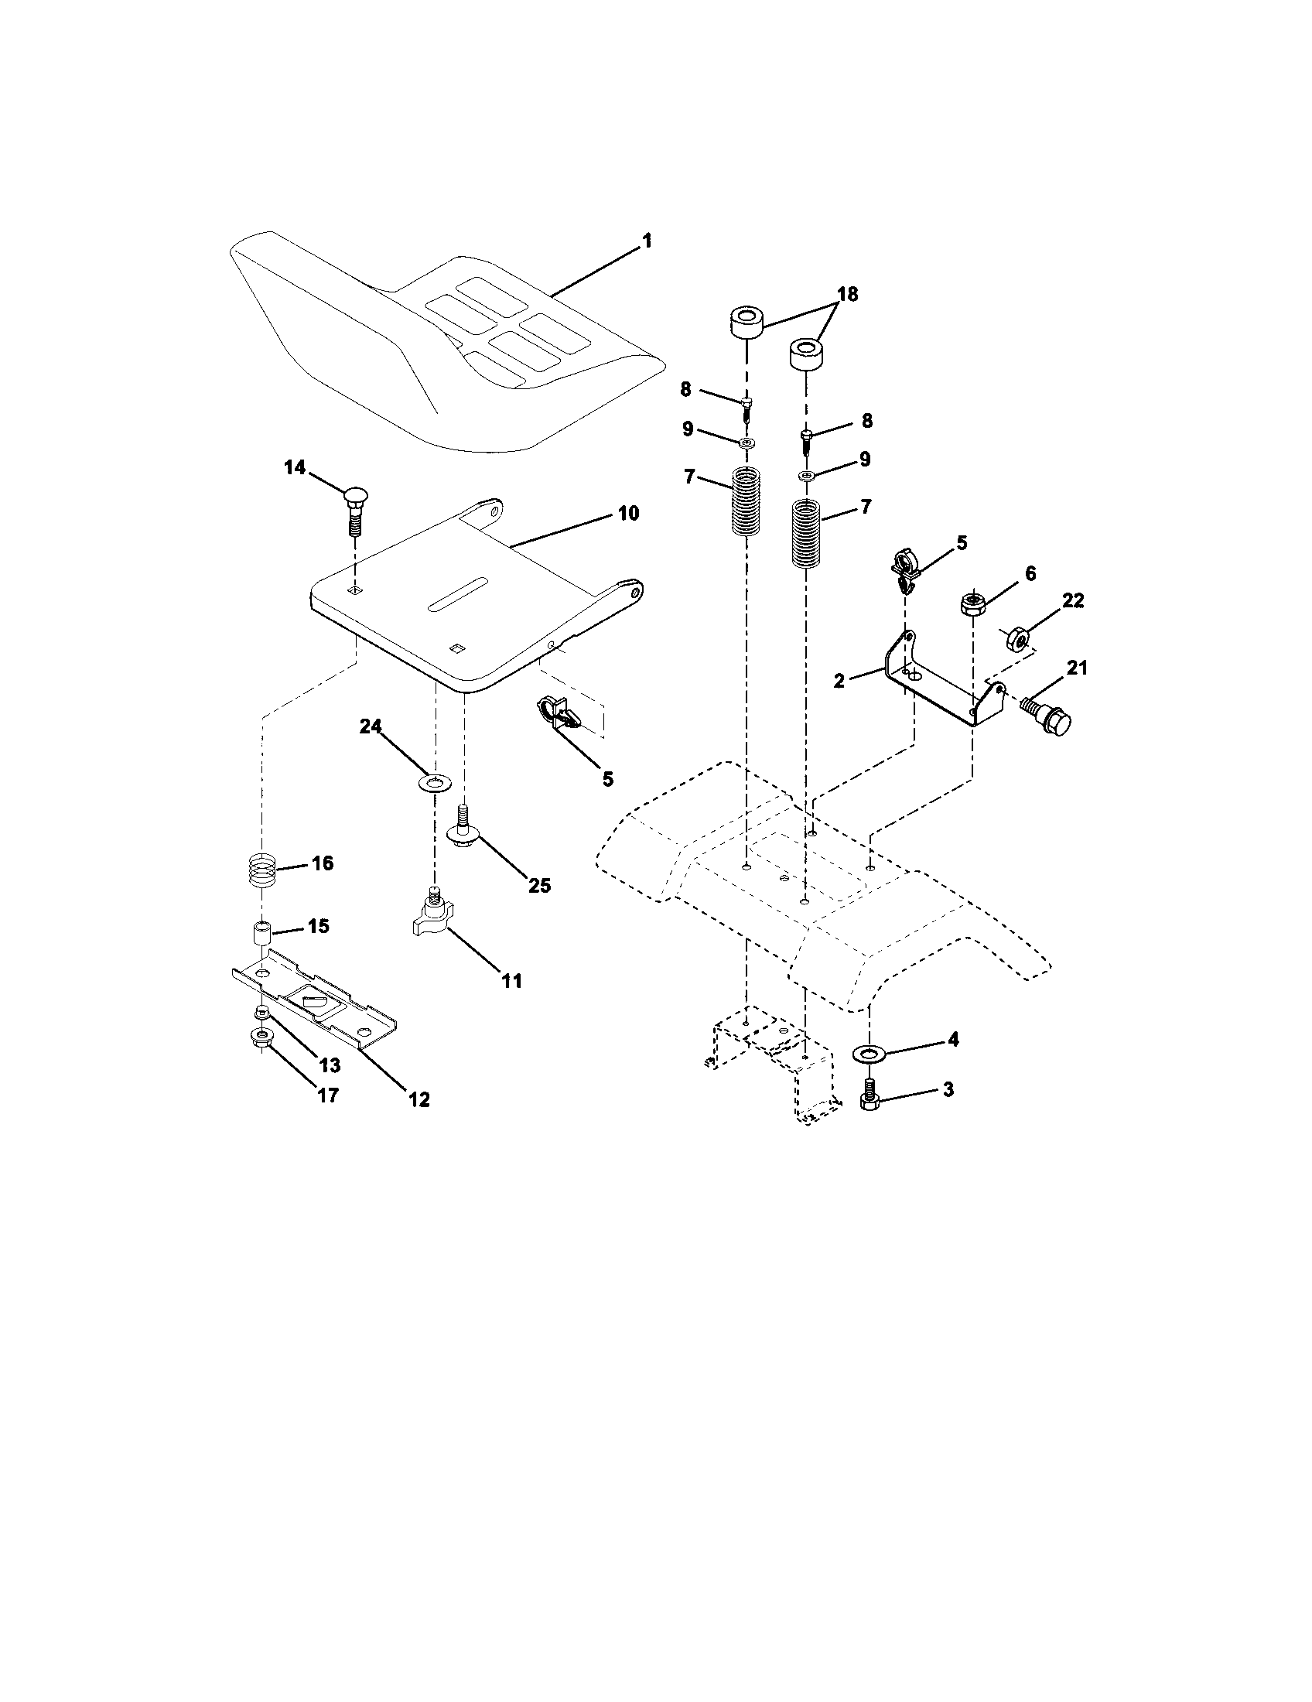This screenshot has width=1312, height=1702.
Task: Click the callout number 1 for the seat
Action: click(x=646, y=241)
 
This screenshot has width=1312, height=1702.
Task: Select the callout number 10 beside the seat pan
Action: click(x=629, y=513)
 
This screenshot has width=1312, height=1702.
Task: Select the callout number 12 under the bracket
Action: click(x=419, y=1099)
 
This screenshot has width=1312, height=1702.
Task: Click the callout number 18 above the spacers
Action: click(x=847, y=295)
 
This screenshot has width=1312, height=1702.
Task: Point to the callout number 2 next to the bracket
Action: click(x=839, y=679)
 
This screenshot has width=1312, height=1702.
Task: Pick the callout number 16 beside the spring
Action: click(x=323, y=863)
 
